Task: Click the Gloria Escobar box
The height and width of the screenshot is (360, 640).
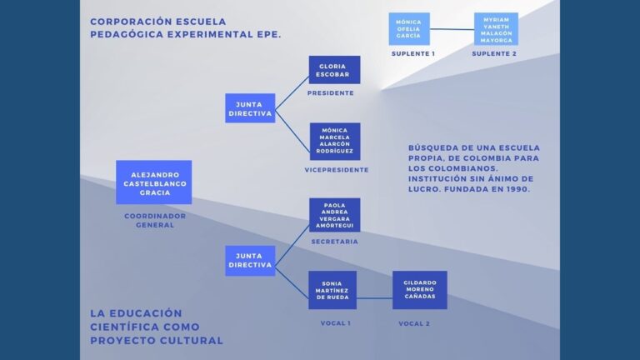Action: pos(334,70)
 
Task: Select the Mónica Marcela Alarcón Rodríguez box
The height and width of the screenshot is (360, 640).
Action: pos(335,141)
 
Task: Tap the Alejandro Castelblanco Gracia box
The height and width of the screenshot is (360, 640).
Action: pos(154,182)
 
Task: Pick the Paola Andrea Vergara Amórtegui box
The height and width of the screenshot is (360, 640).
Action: pos(334,215)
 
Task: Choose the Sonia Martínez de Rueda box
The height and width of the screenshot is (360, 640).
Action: pos(332,290)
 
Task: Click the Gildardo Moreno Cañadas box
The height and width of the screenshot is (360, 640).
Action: pos(420,290)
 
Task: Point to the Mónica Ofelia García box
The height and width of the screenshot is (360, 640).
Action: pos(409,29)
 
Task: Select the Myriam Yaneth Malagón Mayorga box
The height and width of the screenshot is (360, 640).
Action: pos(496,29)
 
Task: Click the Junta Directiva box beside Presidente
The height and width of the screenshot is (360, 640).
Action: pos(250,108)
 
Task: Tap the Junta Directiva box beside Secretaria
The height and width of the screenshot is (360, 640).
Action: pos(250,260)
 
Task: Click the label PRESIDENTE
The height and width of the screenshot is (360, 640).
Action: pos(331,93)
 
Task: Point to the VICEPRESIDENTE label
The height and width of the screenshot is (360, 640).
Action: pos(337,170)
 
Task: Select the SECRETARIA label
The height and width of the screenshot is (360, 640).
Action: pos(335,242)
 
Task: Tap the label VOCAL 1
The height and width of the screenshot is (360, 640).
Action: pos(336,323)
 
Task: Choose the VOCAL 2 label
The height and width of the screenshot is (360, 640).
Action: pos(414,323)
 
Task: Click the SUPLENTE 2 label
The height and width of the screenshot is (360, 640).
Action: pos(494,53)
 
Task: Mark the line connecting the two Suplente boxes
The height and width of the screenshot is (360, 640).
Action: pos(452,29)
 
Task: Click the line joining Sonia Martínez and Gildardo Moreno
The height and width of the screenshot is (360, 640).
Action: pos(374,298)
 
